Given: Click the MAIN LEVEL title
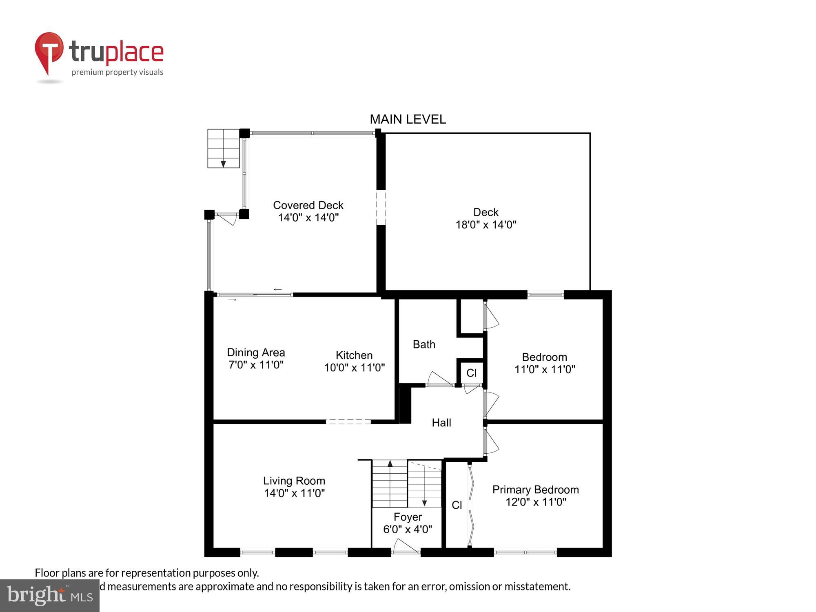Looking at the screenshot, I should [408, 119].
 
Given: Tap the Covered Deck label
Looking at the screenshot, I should [308, 205].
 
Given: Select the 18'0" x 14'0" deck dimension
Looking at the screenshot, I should [486, 225].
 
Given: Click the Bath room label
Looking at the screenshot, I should [424, 344].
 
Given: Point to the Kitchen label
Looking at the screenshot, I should [354, 355].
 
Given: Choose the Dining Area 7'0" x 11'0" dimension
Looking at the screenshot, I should [256, 365].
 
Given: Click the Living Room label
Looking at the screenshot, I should [294, 481].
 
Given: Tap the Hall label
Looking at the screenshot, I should [441, 423].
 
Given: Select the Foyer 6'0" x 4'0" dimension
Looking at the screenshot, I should [407, 529].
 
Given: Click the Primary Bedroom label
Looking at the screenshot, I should [535, 490].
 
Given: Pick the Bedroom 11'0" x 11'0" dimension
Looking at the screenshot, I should [544, 369].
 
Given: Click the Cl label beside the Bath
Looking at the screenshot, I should [471, 373].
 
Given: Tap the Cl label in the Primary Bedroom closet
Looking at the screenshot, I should [457, 505].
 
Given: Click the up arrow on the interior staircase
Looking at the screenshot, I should [390, 464].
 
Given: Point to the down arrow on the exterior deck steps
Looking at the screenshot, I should [223, 164].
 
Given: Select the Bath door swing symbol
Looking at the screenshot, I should [439, 379].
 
